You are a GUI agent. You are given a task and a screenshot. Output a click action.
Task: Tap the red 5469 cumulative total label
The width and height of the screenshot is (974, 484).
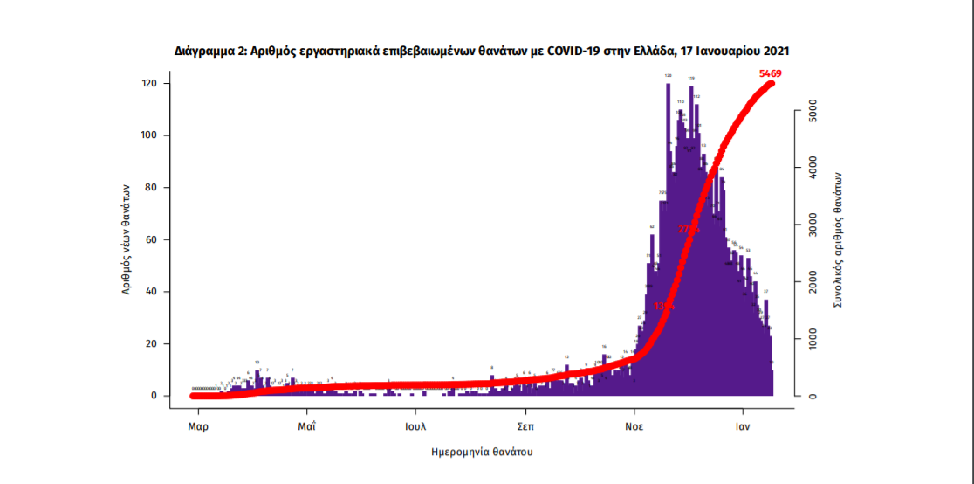(771, 73)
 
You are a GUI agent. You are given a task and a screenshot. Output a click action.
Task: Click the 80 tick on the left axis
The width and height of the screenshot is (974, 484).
(151, 188)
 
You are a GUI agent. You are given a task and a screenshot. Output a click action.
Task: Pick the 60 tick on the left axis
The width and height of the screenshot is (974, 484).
(151, 239)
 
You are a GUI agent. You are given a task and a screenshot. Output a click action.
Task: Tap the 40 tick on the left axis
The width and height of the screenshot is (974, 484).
(151, 292)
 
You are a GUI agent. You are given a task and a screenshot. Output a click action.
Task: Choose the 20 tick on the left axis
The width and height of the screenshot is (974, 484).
(151, 344)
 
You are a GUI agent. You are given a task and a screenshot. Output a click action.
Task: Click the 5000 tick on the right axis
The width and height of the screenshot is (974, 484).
(812, 111)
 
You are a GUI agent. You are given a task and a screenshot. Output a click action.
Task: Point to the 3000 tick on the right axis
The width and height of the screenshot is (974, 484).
(812, 225)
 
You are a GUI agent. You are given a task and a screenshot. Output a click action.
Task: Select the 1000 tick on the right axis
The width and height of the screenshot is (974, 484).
(812, 339)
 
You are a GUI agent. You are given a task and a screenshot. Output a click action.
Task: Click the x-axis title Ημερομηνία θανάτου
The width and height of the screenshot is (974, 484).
(482, 453)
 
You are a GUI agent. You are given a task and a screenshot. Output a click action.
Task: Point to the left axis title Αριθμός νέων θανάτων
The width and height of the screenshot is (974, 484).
(127, 238)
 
